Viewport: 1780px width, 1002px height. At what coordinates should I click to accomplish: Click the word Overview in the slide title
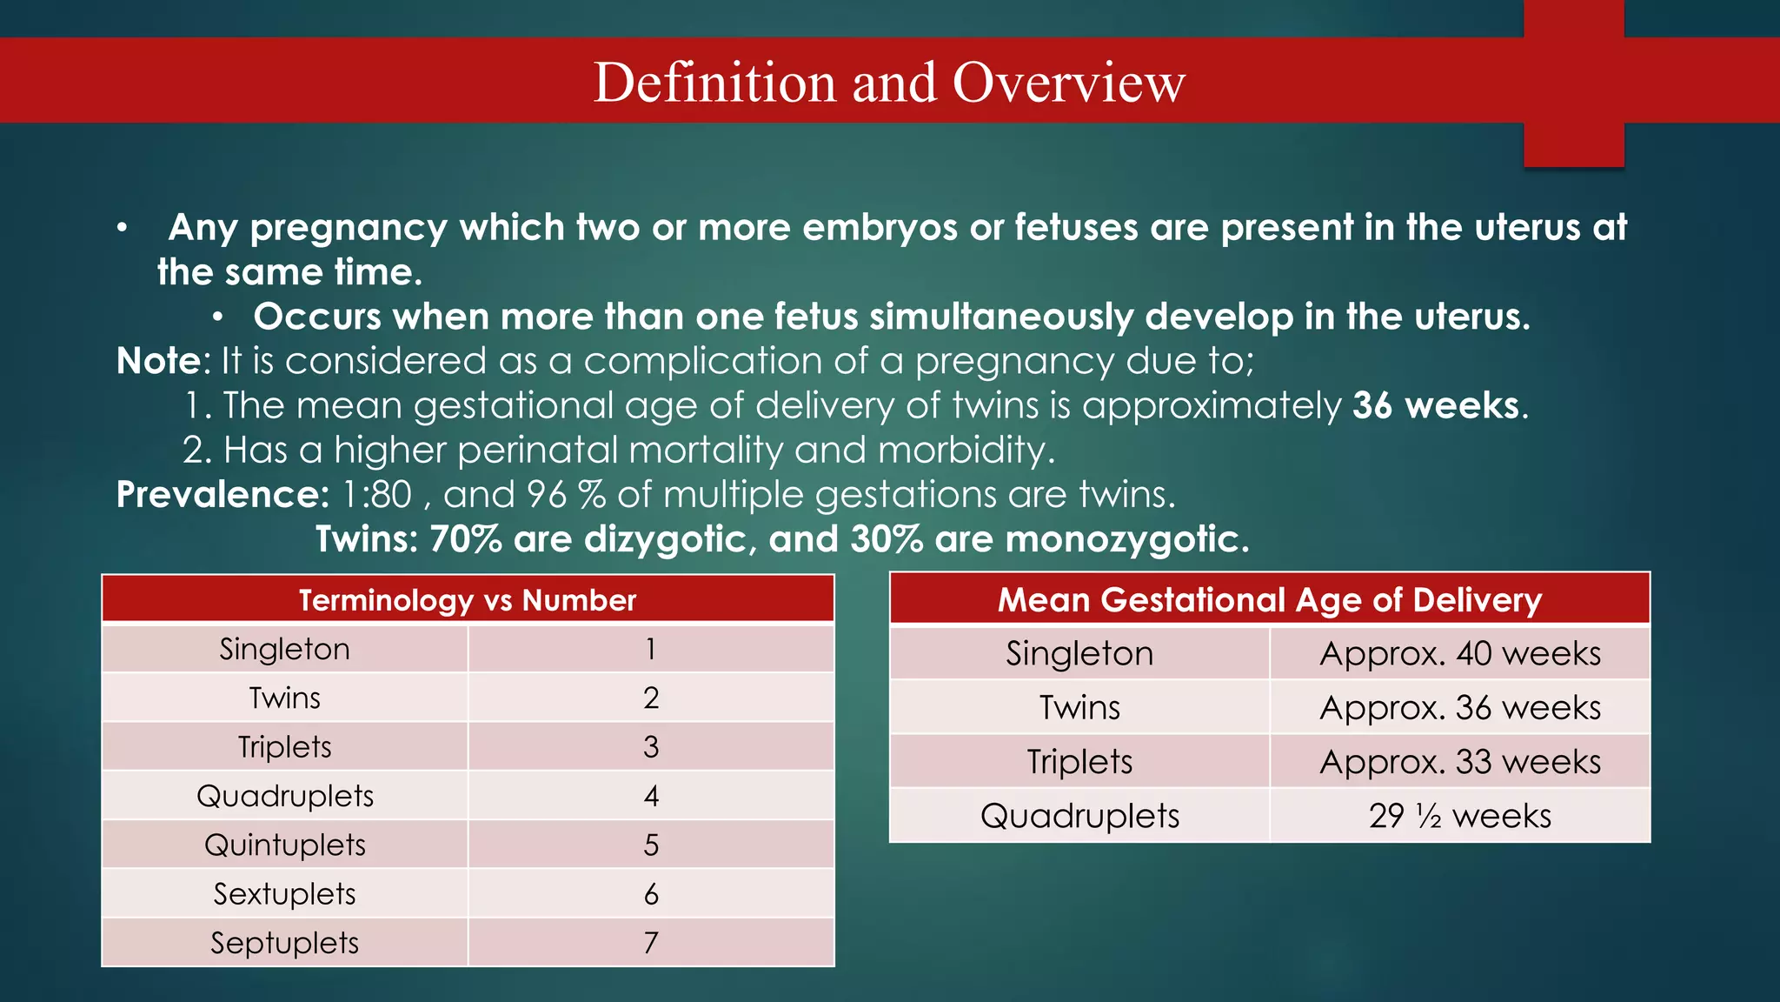click(x=1068, y=83)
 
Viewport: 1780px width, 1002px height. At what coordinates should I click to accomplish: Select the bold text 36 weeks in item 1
click(x=1435, y=406)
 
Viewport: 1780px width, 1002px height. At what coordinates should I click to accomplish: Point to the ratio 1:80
click(x=377, y=495)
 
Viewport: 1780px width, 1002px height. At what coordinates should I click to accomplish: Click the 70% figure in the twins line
click(x=465, y=539)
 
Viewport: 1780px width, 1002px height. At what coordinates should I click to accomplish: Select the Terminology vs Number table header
click(x=468, y=600)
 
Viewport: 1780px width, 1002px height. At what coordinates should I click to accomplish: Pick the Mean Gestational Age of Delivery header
click(x=1269, y=600)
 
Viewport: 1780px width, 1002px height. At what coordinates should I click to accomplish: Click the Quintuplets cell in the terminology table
click(x=285, y=845)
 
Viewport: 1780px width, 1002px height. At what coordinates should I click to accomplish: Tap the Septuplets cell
click(x=285, y=943)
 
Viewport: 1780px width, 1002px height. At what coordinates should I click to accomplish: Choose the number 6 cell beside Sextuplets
click(x=651, y=894)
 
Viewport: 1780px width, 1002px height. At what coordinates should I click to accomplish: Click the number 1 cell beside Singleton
click(x=651, y=650)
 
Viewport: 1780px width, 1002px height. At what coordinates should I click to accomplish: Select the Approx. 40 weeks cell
click(x=1459, y=654)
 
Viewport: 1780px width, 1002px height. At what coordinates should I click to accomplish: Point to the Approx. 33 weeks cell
click(x=1459, y=762)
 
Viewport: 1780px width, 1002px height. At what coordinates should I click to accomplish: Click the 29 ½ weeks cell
click(x=1459, y=817)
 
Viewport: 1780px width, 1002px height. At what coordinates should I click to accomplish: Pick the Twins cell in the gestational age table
click(x=1079, y=708)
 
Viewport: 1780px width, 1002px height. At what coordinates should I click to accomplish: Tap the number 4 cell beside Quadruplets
click(x=651, y=796)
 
